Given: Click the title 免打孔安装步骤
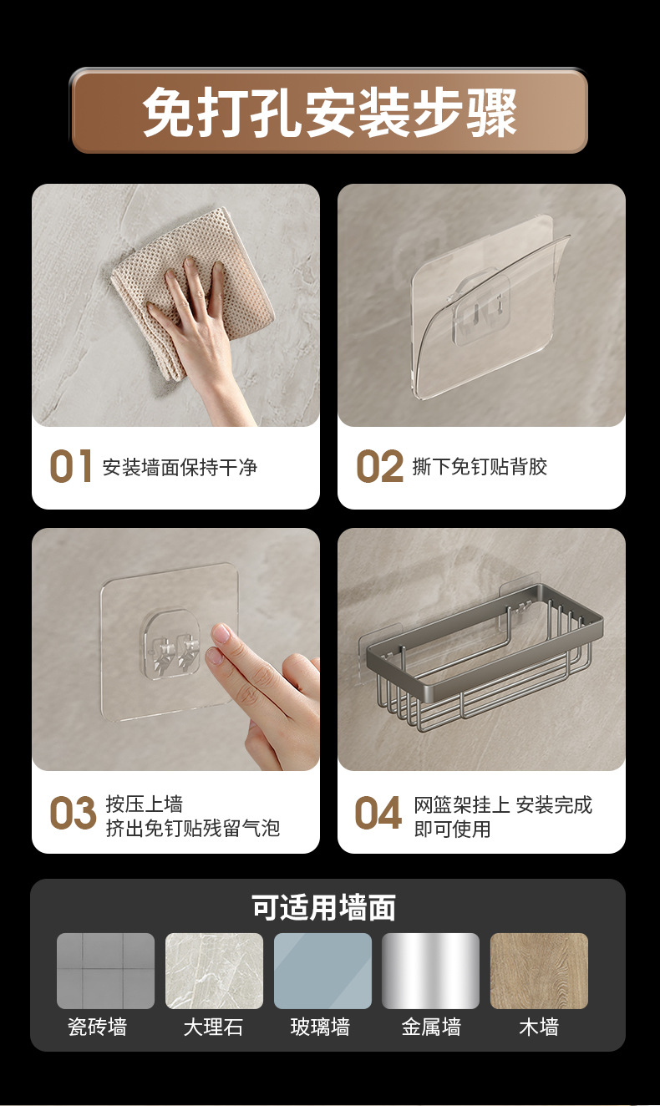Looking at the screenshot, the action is point(330,112).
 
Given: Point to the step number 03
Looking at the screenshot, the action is point(73,812).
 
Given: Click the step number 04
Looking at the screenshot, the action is point(378,812).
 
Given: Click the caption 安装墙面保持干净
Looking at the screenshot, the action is point(180,467).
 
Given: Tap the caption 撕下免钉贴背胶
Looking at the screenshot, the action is point(480,466).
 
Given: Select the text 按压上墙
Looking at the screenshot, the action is point(145,804).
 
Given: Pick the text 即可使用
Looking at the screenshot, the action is point(452,829).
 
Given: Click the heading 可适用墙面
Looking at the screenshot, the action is point(324,907).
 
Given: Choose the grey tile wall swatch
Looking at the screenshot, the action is point(105,971).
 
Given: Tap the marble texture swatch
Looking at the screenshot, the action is point(214,971).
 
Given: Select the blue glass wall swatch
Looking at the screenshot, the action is point(322,971).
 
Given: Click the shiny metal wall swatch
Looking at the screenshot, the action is point(430,971).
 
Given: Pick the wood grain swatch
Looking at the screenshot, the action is point(539,971).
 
